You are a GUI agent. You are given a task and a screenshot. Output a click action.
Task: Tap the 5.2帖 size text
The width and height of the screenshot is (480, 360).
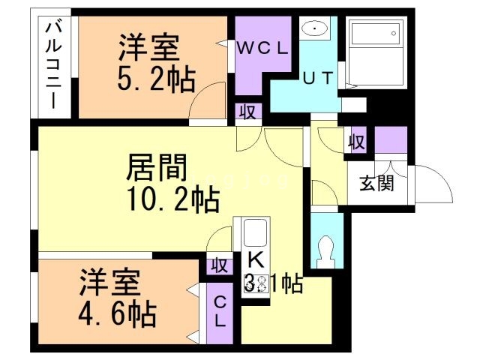coord(157,78)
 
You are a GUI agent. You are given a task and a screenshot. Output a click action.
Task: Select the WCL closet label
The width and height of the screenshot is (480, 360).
coord(262,48)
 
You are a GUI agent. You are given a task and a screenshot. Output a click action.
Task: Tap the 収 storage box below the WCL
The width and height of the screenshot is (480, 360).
coord(245,112)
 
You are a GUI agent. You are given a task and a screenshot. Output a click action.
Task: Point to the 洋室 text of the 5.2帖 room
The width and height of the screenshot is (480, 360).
coord(148,49)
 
